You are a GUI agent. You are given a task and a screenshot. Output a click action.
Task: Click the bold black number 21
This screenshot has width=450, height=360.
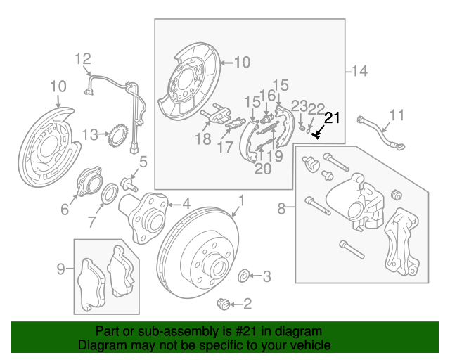332,118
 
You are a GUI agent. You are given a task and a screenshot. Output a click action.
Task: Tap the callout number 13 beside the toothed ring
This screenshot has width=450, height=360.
90,134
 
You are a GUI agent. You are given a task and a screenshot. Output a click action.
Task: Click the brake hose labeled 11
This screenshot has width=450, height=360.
381,133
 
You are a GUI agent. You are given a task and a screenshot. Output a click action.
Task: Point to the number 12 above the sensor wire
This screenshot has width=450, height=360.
83,59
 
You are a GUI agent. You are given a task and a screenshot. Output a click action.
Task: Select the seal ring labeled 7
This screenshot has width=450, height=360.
110,193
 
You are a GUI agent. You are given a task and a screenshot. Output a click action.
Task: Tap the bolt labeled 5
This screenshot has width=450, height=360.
129,184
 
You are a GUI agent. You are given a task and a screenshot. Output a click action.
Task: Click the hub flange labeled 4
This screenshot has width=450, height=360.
143,217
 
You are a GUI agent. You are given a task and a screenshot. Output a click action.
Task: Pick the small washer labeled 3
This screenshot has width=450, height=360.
244,276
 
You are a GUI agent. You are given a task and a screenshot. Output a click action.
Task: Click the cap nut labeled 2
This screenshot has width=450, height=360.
224,304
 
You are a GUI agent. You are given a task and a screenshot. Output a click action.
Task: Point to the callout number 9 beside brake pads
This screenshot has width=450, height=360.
60,269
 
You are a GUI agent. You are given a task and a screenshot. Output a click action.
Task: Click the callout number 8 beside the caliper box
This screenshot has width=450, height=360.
281,208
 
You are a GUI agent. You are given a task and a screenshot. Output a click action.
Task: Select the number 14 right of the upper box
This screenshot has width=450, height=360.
359,71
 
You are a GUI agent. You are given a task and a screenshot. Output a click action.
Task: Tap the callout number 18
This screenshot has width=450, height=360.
203,139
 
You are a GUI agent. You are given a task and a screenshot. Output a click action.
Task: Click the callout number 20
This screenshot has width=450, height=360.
263,169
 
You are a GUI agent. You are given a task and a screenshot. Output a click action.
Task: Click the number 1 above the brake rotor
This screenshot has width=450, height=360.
242,200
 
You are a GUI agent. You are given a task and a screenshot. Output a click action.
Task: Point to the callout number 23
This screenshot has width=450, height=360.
300,106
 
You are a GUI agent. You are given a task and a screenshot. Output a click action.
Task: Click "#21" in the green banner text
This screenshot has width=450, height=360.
245,331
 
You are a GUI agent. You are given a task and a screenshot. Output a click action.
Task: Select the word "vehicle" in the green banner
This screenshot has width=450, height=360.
313,345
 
